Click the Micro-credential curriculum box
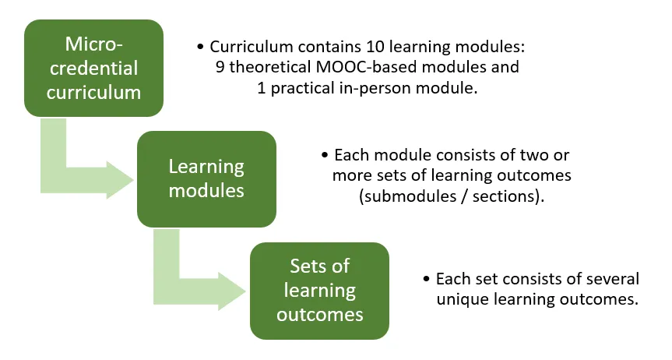(x=93, y=68)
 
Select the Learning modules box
(x=206, y=179)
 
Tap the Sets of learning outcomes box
(x=320, y=291)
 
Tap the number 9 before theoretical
(x=220, y=67)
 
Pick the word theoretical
(x=270, y=67)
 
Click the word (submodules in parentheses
(x=401, y=196)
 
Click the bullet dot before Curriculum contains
(x=200, y=47)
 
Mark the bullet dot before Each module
(x=325, y=155)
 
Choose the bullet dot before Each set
(x=426, y=279)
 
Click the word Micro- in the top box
(x=94, y=44)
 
